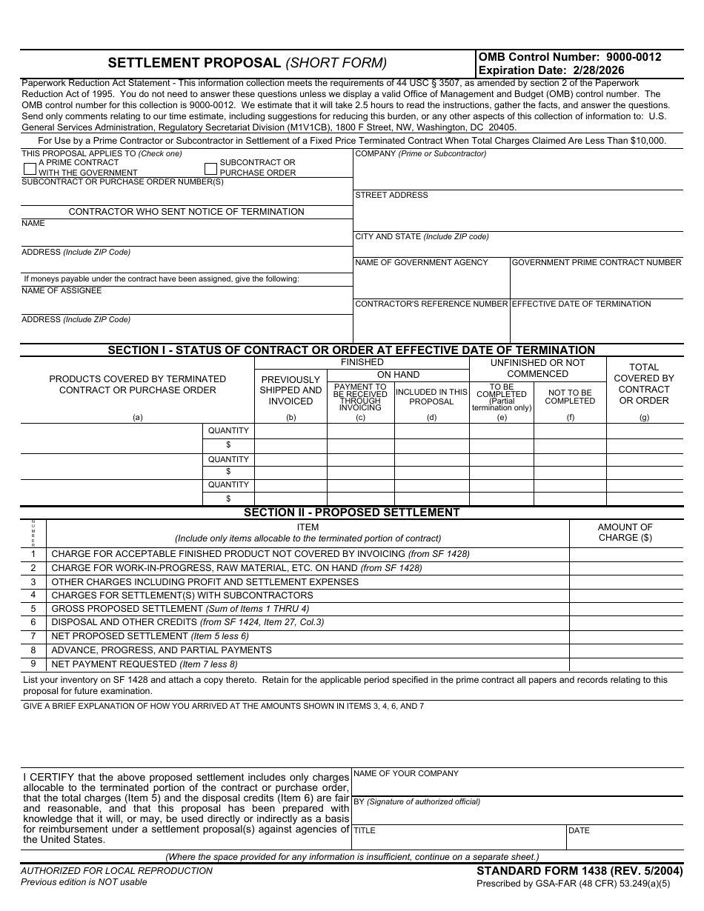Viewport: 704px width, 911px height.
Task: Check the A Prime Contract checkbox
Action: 30,168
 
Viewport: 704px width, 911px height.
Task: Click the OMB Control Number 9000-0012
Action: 570,57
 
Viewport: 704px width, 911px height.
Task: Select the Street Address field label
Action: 391,196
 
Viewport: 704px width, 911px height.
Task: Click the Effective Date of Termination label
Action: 581,304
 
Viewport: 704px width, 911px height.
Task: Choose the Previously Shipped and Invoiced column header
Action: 290,390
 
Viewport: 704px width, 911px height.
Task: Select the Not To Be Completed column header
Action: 570,397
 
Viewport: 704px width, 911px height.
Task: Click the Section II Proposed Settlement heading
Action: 351,513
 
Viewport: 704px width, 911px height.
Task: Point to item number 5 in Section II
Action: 33,609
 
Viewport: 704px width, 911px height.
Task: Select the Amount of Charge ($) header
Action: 625,533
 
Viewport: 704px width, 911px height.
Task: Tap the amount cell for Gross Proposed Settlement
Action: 625,609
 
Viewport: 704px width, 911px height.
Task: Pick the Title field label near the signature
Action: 365,831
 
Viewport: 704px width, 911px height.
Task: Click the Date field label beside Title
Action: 579,831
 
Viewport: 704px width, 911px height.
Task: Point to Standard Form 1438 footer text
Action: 580,872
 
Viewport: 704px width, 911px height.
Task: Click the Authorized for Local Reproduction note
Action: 116,871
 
